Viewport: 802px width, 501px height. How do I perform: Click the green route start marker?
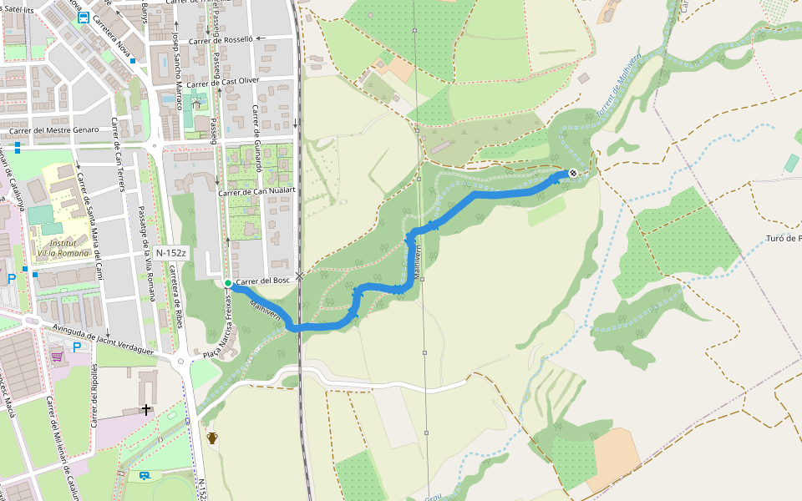tap(227, 283)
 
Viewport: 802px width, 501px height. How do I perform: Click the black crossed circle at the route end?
tap(573, 173)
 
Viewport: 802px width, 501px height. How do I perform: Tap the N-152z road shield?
tap(171, 251)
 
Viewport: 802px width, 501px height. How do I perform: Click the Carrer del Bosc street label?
tap(262, 281)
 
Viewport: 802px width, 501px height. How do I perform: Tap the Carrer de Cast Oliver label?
tap(224, 83)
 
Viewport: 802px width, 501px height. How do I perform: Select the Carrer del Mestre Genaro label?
tap(54, 129)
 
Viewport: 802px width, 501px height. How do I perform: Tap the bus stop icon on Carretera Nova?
tap(83, 18)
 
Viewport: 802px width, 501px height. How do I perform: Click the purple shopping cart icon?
tap(57, 357)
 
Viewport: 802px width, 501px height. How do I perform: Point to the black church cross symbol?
tap(147, 409)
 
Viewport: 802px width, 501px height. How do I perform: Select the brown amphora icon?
tap(212, 438)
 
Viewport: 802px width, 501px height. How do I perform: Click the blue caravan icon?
tap(145, 476)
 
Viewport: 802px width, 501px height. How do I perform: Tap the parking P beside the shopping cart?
tap(77, 347)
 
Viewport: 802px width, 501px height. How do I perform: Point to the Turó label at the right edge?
tap(783, 239)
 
